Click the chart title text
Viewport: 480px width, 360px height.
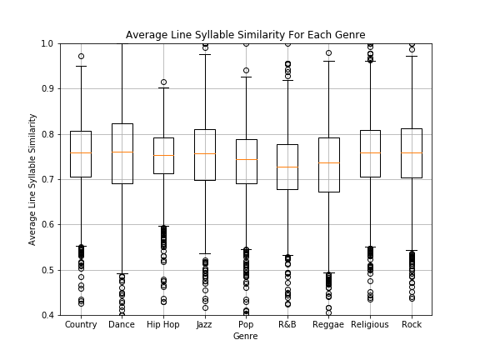245,35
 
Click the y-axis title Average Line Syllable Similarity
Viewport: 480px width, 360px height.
32,179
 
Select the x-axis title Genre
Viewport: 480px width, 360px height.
245,337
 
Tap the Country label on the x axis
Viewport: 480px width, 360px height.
81,324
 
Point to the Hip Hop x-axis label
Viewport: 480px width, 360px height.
163,324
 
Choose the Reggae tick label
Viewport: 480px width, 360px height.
328,324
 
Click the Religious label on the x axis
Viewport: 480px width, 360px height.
370,324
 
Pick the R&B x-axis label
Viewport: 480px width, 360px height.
287,324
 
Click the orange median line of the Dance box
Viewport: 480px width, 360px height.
122,152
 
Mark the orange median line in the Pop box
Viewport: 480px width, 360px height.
246,159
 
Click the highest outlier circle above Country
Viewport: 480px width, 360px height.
81,57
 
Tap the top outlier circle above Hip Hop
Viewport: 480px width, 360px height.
163,82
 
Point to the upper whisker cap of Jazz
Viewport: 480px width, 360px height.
205,54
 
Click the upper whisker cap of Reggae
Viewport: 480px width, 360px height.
328,61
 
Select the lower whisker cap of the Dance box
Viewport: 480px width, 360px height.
122,273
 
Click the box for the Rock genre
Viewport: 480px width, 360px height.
412,142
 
